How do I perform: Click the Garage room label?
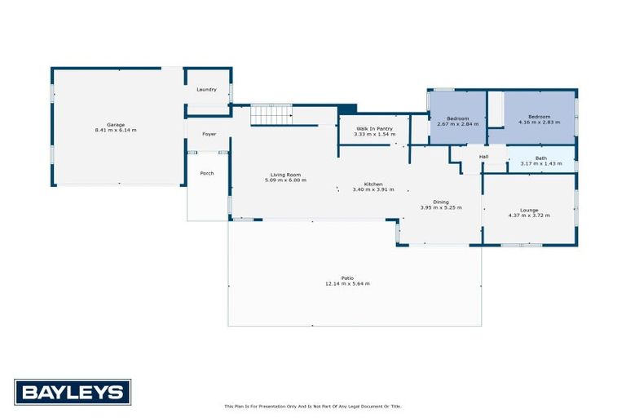(x=116, y=125)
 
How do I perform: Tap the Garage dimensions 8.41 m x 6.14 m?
(x=116, y=131)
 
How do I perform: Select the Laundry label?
(x=207, y=89)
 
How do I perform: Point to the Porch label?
(x=207, y=173)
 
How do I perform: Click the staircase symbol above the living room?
(x=270, y=114)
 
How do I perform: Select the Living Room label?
(x=285, y=175)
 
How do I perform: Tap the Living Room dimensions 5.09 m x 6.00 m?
(x=285, y=180)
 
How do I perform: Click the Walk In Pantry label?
(x=373, y=129)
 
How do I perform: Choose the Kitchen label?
(x=373, y=184)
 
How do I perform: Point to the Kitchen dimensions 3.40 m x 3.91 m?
(x=373, y=189)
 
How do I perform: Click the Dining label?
(x=440, y=202)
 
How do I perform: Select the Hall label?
(x=483, y=156)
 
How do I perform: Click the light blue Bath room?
(x=541, y=158)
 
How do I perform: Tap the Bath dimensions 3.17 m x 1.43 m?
(x=541, y=164)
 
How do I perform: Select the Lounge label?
(x=529, y=210)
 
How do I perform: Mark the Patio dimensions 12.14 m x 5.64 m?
(x=348, y=283)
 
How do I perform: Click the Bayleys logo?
(x=73, y=393)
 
